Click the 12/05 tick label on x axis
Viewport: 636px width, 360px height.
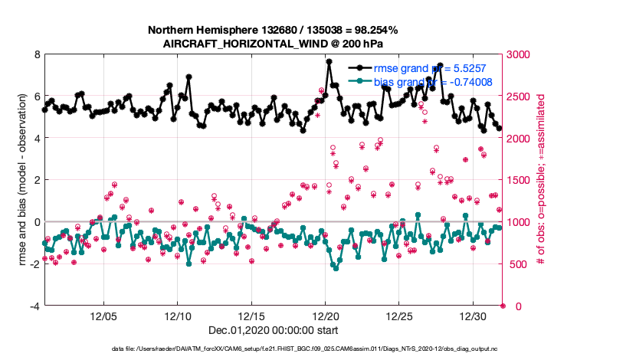(x=103, y=316)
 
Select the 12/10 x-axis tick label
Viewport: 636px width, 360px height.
(x=178, y=316)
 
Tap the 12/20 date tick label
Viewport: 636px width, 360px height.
(x=326, y=316)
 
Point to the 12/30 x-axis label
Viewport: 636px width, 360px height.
(x=474, y=316)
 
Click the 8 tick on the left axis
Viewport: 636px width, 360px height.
(x=37, y=54)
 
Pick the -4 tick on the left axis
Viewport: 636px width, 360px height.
(x=35, y=306)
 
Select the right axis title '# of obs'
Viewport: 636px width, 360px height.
(x=541, y=181)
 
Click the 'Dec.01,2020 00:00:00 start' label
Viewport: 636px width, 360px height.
(x=273, y=330)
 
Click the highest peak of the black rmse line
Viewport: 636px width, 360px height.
(x=329, y=61)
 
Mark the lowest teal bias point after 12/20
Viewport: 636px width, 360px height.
(x=336, y=267)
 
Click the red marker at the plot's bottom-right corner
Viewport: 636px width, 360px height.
(x=503, y=306)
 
